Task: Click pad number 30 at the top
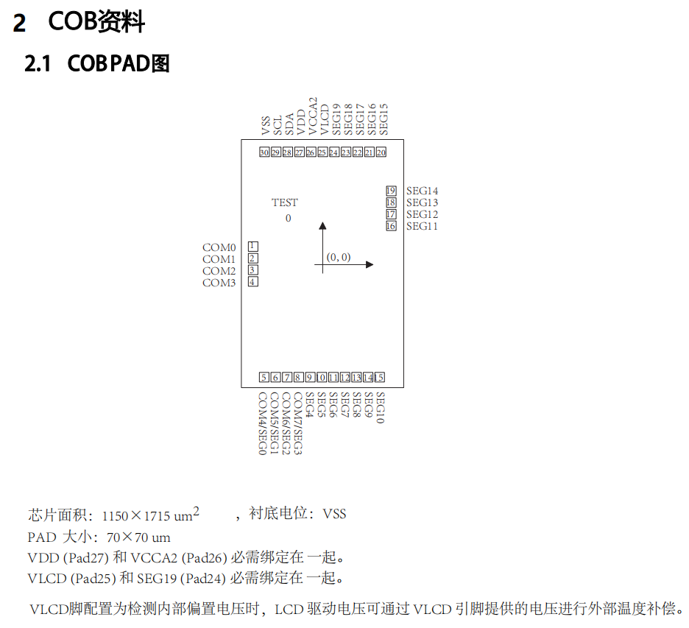pos(264,152)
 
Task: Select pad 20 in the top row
pos(381,152)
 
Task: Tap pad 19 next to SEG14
pos(391,191)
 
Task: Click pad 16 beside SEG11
pos(391,226)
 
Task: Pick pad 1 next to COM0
pos(253,246)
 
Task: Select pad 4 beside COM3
pos(253,281)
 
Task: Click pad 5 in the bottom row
pos(264,378)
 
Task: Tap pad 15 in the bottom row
pos(380,378)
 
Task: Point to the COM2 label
pos(219,271)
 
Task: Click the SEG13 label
pos(422,202)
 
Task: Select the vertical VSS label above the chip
pos(265,125)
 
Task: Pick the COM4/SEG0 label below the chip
pos(262,423)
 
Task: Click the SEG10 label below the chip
pos(380,408)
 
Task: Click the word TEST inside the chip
pos(285,202)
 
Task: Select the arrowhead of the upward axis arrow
pos(322,226)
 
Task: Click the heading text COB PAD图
pos(119,64)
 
